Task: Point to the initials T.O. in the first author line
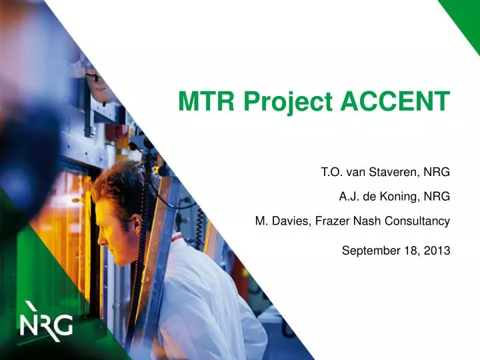[x=332, y=172]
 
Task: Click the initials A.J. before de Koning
[x=349, y=196]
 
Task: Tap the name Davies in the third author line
[x=287, y=220]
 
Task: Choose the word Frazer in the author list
[x=327, y=220]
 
